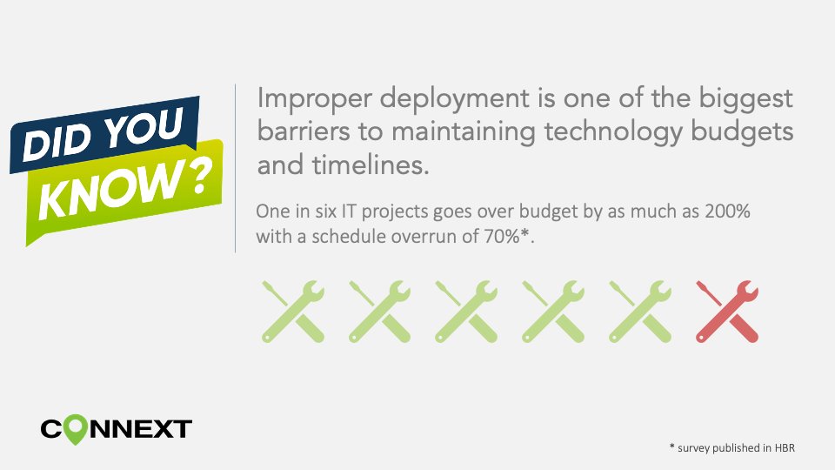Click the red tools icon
click(727, 312)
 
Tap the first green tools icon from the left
click(292, 312)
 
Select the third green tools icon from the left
click(466, 312)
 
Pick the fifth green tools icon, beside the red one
click(640, 312)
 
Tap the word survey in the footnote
click(695, 447)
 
